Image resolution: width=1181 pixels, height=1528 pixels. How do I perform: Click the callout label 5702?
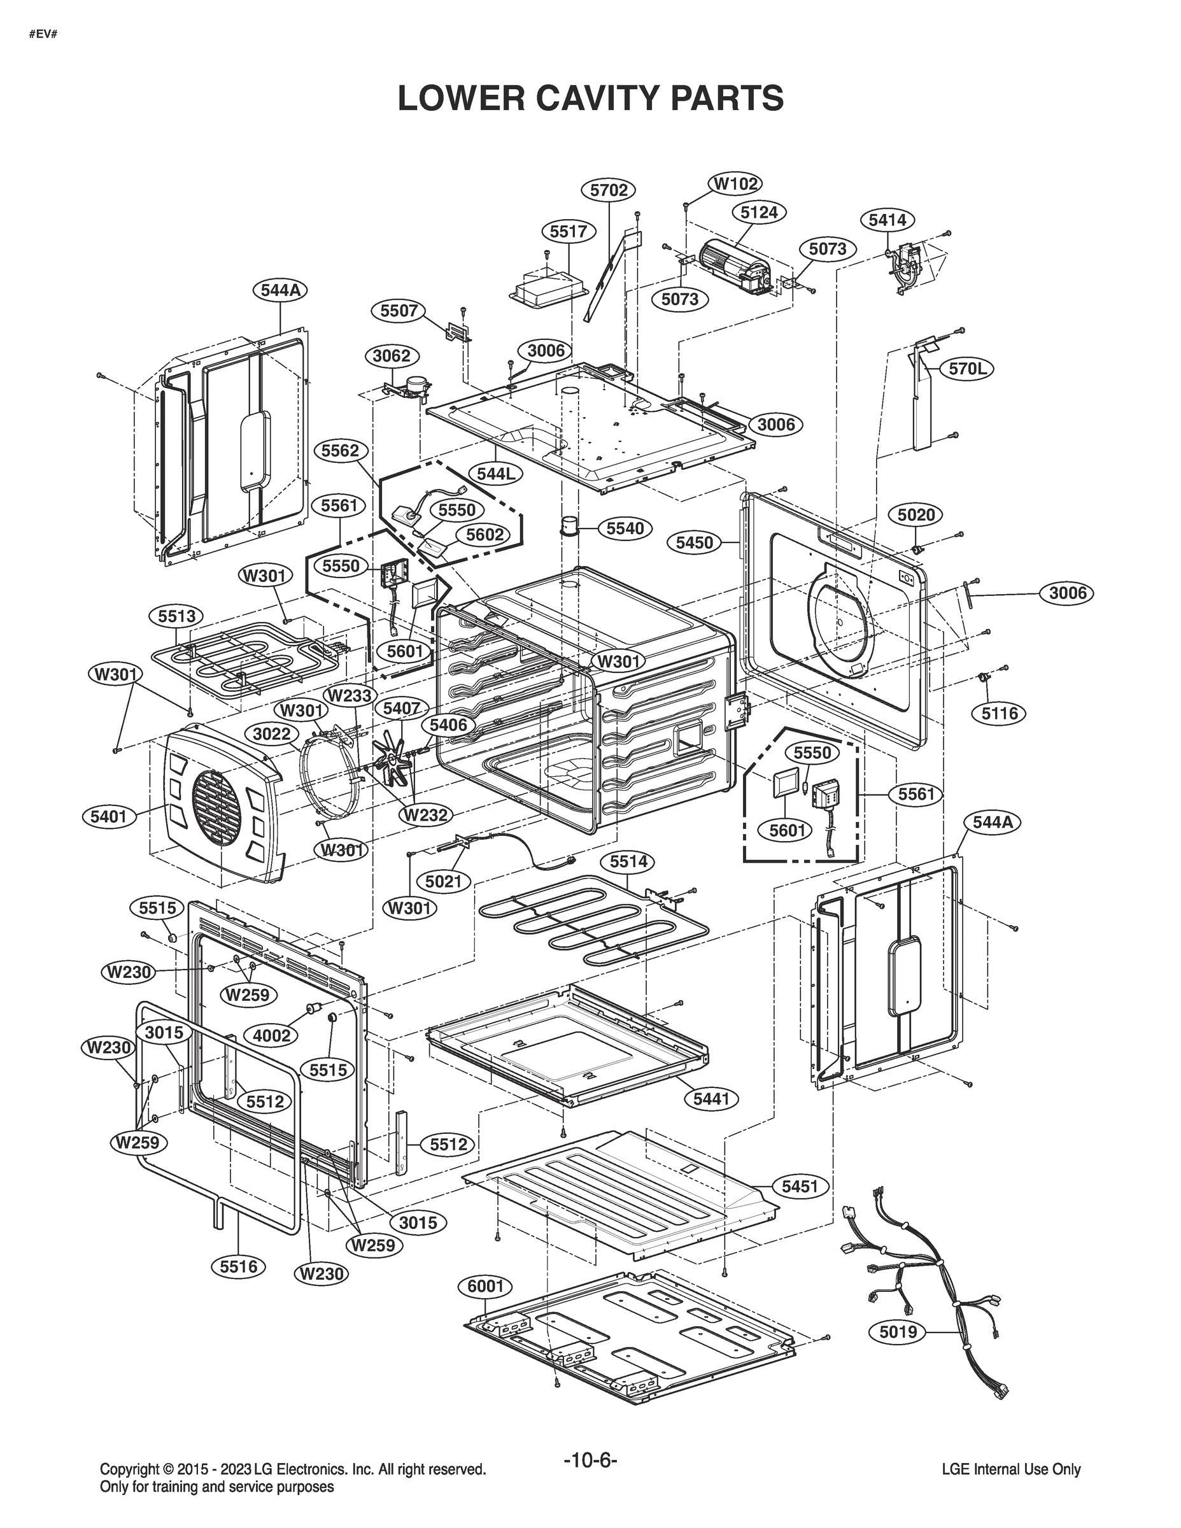point(608,190)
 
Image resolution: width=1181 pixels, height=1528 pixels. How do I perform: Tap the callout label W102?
point(736,183)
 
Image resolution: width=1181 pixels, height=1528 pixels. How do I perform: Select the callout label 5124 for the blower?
point(758,212)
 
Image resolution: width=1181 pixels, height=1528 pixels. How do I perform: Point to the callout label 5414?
point(887,220)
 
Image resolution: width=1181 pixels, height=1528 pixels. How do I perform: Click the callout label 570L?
point(967,369)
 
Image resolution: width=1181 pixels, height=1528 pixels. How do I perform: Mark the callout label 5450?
point(694,542)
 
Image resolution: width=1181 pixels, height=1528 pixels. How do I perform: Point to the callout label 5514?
point(628,862)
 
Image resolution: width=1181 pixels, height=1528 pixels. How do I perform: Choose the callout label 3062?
point(391,355)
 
